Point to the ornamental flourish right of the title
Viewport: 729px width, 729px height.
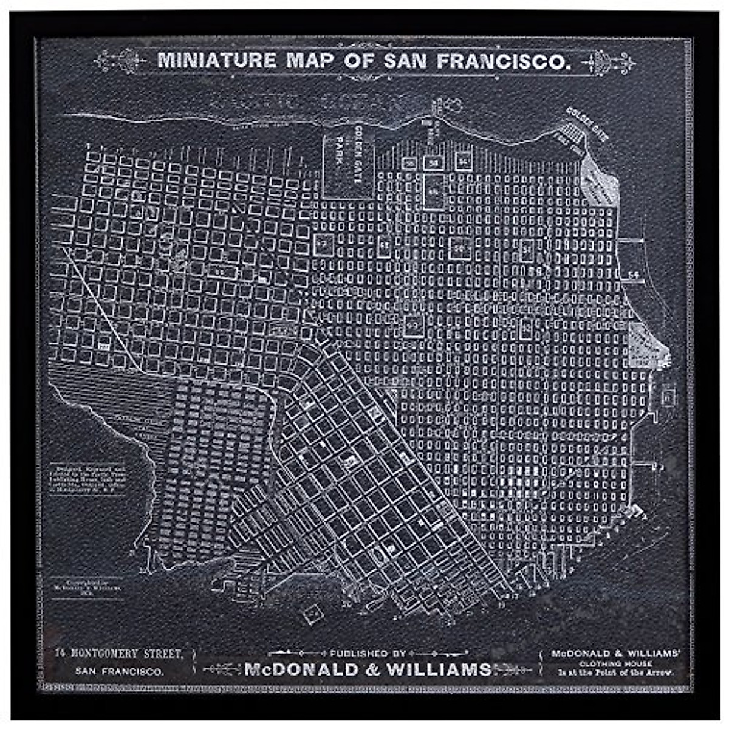click(607, 61)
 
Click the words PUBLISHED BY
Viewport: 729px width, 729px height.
click(367, 654)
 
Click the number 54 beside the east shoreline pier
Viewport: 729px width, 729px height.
click(634, 273)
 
